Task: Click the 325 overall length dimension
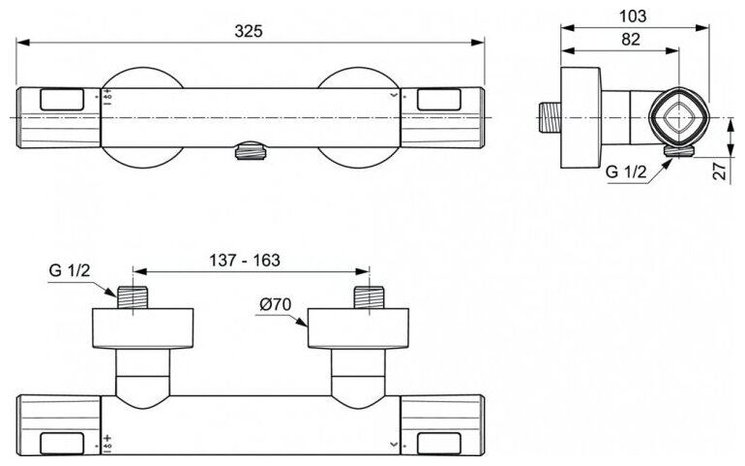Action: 251,30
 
